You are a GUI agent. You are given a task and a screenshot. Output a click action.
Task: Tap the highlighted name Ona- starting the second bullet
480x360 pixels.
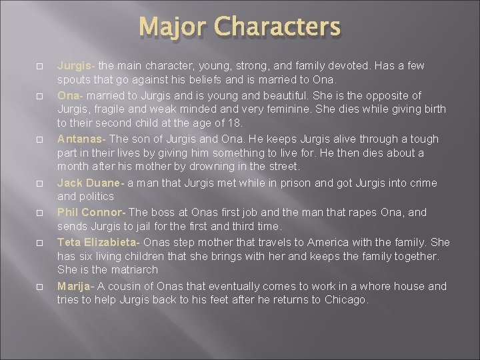(70, 95)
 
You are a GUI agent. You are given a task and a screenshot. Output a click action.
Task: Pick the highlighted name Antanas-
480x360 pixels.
(80, 139)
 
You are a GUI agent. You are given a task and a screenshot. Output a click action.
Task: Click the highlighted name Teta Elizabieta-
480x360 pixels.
(98, 241)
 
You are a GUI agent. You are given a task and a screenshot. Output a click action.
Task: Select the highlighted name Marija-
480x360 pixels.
(75, 285)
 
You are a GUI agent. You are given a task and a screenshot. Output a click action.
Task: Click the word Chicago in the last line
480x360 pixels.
(345, 300)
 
